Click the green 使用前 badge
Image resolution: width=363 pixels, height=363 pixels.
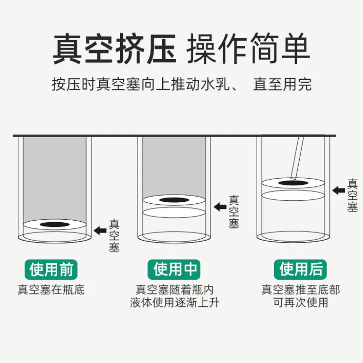pos(51,269)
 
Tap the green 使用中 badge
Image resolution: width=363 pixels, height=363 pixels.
pos(174,269)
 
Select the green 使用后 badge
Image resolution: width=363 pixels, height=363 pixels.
pos(300,269)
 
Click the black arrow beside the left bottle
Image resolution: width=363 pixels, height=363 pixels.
pos(100,231)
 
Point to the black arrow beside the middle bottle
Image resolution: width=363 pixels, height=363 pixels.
pos(220,207)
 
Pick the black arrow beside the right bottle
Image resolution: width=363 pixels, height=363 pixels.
pos(338,190)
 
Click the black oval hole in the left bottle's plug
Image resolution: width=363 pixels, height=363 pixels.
pos(55,224)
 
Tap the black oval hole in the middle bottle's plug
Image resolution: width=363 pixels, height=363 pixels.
pos(174,200)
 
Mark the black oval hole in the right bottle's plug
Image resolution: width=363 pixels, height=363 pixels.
pos(293,183)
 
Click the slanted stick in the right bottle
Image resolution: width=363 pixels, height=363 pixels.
pos(297,157)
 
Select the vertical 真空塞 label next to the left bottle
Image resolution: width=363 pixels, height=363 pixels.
pos(114,236)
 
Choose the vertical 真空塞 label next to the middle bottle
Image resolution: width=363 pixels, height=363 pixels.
pos(234,212)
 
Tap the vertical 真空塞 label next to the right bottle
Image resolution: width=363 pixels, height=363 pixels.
pos(352,195)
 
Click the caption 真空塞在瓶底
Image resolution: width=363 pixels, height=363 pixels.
pos(51,290)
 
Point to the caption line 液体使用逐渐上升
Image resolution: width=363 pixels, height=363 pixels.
pos(174,302)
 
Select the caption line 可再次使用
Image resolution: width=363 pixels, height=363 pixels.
pos(301,302)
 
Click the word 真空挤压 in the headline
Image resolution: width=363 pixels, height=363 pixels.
pos(114,49)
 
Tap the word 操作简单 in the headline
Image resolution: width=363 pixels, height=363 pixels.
pos(248,49)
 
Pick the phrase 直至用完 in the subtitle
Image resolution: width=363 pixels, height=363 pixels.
pos(283,84)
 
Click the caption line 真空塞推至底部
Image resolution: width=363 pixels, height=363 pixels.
pos(301,290)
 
